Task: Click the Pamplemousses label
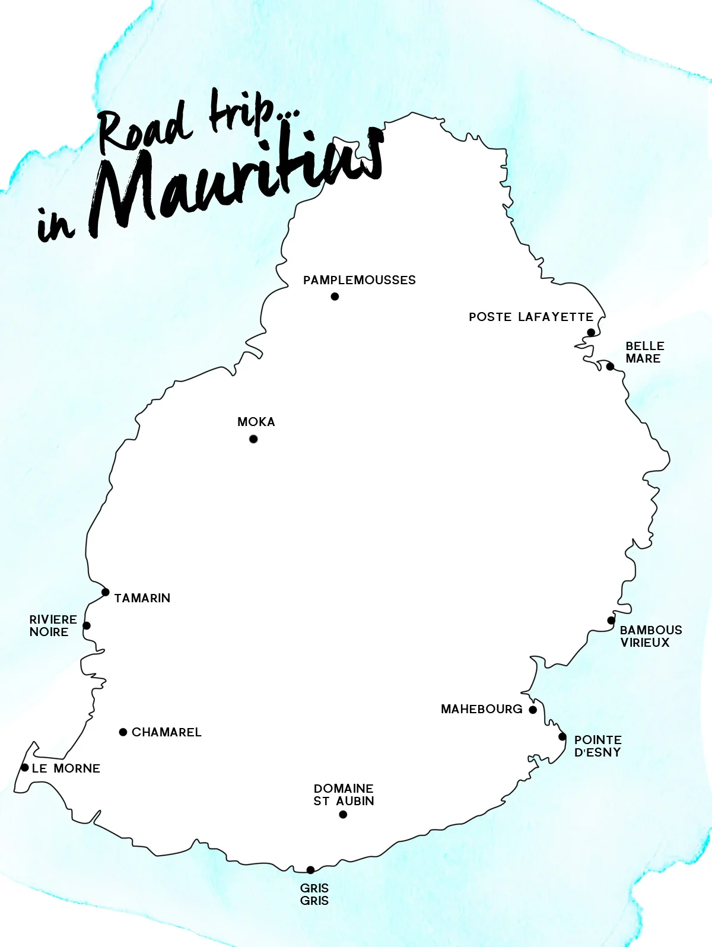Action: point(359,280)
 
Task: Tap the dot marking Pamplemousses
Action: point(335,297)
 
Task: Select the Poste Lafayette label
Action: point(530,317)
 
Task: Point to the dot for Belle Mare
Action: point(610,366)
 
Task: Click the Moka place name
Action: point(256,422)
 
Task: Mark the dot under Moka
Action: point(253,439)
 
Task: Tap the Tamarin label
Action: point(142,598)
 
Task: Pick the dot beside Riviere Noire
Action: point(87,625)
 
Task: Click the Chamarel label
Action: point(166,732)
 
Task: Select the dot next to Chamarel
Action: point(123,732)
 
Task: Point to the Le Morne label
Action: point(66,768)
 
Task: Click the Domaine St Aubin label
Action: point(344,795)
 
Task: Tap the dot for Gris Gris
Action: point(310,870)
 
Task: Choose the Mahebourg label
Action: point(481,709)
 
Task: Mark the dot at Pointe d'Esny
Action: point(562,737)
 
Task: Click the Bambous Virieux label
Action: point(650,636)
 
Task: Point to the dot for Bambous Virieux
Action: point(611,621)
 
